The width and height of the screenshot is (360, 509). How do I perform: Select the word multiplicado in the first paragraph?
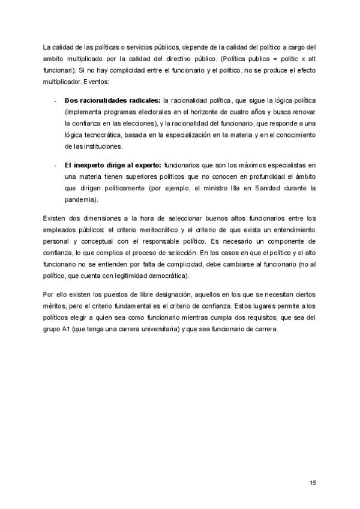pos(86,58)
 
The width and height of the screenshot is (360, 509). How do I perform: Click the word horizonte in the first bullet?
pos(211,112)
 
